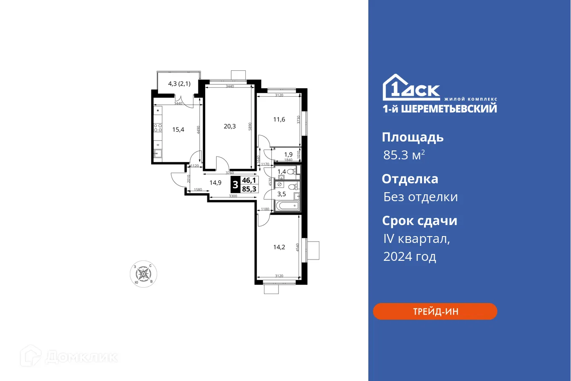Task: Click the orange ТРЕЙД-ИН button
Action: [x=435, y=311]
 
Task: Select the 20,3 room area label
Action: [x=230, y=126]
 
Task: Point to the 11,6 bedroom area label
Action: [x=279, y=119]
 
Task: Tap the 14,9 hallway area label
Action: [x=215, y=182]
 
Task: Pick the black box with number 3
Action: [x=235, y=185]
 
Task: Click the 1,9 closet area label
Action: [x=288, y=154]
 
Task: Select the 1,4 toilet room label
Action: [x=281, y=171]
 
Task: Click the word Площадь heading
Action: [x=413, y=137]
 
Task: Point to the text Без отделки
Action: [x=420, y=197]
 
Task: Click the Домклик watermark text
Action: [x=81, y=357]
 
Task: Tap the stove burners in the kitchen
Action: [x=158, y=128]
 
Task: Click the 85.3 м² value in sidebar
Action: [x=404, y=155]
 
